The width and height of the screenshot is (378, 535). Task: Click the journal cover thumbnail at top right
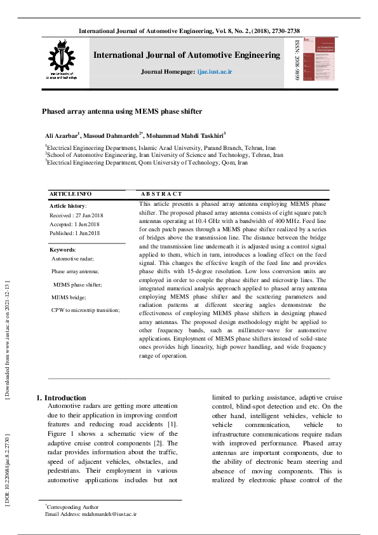(x=316, y=61)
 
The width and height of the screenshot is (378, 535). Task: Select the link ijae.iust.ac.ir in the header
(x=215, y=72)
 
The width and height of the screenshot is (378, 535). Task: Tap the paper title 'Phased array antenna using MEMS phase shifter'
(x=122, y=111)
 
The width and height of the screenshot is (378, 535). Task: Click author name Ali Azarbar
(x=62, y=136)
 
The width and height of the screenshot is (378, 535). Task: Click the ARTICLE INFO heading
(x=71, y=194)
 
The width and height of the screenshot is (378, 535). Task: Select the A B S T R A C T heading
(x=161, y=194)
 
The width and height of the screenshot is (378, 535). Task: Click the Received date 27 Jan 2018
(x=76, y=215)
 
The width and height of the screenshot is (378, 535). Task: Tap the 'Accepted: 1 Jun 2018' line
(x=74, y=224)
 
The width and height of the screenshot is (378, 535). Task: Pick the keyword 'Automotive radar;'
(x=73, y=259)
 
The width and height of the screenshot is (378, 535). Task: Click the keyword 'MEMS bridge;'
(x=69, y=297)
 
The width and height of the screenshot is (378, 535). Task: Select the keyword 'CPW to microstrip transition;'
(x=86, y=310)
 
